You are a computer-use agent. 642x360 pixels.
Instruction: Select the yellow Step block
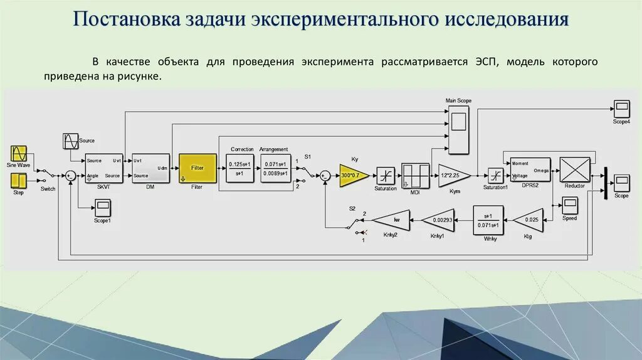(x=19, y=180)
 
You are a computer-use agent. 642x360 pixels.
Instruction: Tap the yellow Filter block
(x=197, y=168)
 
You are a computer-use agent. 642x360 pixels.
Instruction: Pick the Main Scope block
(x=458, y=129)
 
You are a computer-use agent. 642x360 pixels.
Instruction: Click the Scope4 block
(x=621, y=109)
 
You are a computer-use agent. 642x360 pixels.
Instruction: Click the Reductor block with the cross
(x=574, y=169)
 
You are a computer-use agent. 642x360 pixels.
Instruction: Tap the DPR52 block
(x=530, y=169)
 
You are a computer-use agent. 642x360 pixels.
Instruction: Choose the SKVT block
(x=103, y=168)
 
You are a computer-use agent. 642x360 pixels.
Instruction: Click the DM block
(x=150, y=168)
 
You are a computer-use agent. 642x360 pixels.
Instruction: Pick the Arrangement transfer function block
(x=275, y=169)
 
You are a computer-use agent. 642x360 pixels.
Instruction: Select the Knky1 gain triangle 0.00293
(x=436, y=220)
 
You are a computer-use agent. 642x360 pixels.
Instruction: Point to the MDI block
(x=415, y=176)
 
